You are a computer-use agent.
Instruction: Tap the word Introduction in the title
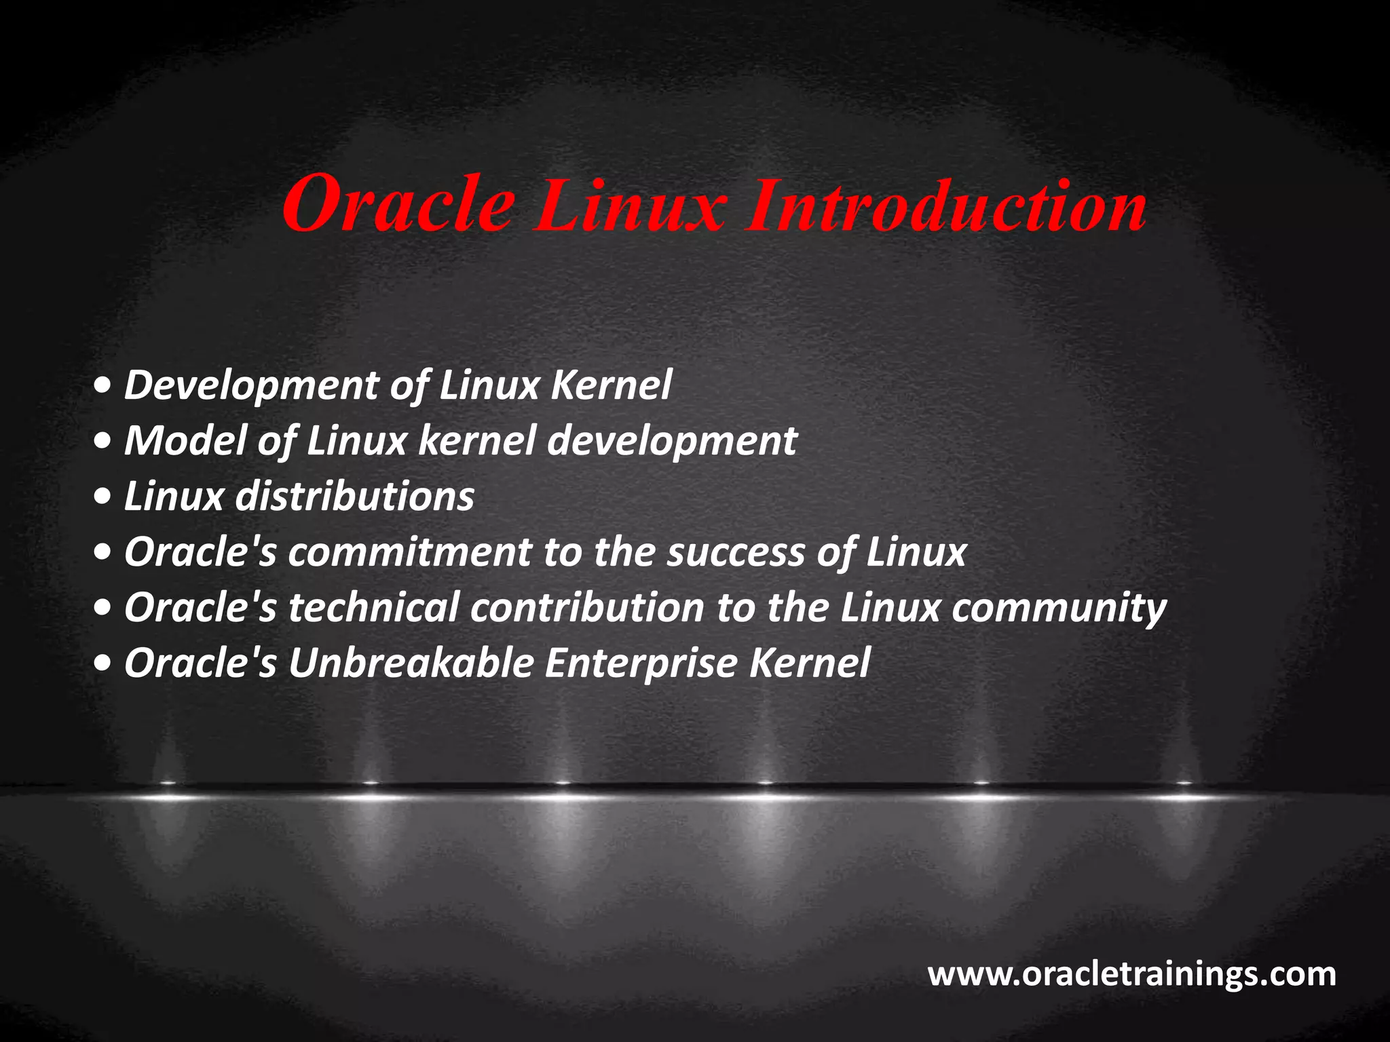coord(947,205)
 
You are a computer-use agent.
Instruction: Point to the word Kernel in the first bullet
coord(611,385)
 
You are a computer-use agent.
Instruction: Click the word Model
coord(185,440)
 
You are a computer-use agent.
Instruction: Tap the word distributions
coord(354,496)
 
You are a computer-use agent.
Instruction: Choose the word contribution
coord(587,607)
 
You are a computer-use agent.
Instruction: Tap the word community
coord(1059,609)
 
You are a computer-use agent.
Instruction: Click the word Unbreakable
coord(411,663)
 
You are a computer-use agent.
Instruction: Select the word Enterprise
coord(641,664)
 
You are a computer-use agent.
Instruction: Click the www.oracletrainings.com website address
coord(1131,974)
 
